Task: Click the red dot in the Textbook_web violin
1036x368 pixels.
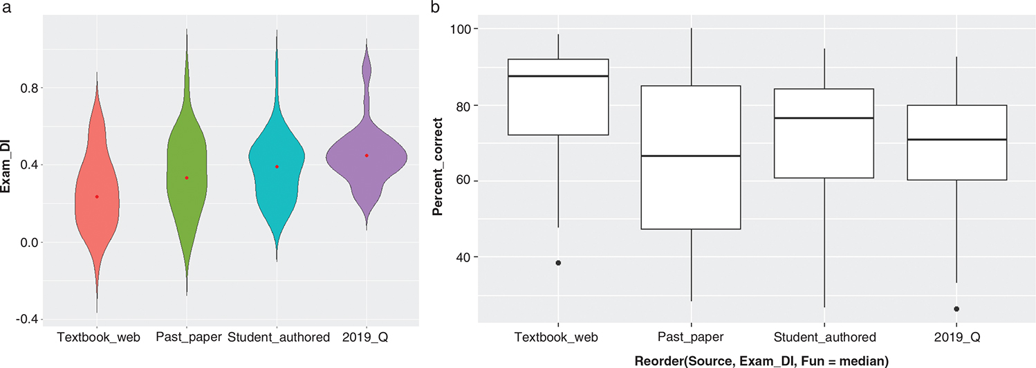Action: click(x=97, y=197)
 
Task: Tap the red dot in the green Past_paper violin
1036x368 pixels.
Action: click(x=187, y=178)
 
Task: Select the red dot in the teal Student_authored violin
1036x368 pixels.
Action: click(x=277, y=167)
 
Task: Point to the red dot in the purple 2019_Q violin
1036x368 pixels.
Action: click(x=367, y=156)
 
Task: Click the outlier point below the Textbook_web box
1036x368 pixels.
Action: click(x=558, y=263)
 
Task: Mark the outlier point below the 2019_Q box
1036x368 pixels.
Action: click(x=956, y=309)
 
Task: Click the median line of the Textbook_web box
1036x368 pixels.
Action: click(x=558, y=76)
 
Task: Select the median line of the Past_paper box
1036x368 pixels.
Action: click(x=691, y=156)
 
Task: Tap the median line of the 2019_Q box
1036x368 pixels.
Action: click(x=956, y=140)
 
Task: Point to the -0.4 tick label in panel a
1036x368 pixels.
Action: click(x=24, y=320)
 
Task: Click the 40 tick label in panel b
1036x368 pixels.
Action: click(x=470, y=257)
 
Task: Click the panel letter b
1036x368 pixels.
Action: click(x=434, y=8)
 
